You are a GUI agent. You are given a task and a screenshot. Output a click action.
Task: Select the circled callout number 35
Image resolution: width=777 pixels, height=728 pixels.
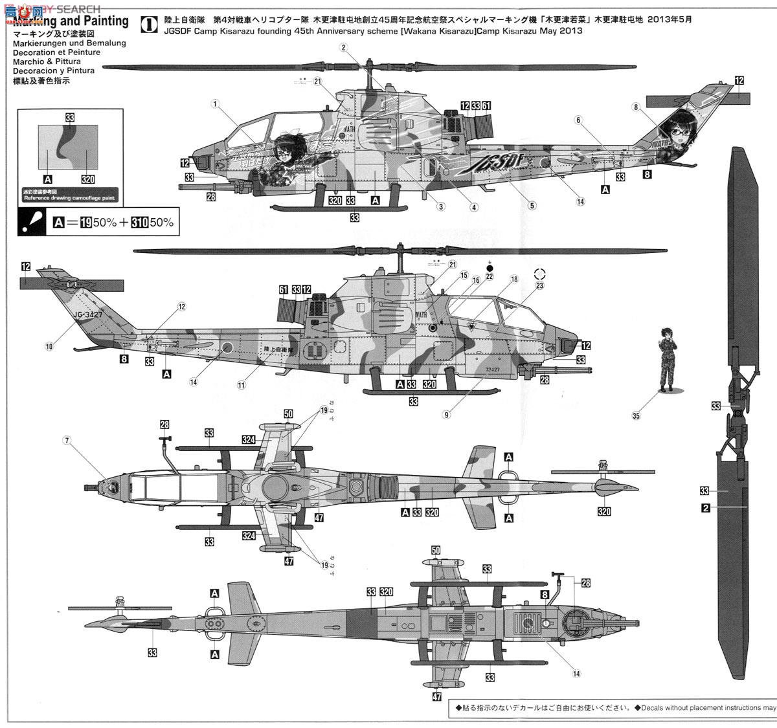tap(636, 415)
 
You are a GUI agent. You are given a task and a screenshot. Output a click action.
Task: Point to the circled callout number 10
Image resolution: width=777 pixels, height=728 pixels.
tap(49, 346)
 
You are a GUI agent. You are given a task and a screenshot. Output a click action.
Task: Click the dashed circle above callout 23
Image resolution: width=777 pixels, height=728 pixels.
tap(541, 274)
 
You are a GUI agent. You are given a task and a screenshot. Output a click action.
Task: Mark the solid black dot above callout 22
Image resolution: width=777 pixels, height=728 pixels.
tap(490, 267)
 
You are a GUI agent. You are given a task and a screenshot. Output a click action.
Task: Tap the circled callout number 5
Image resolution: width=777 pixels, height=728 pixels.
tap(532, 206)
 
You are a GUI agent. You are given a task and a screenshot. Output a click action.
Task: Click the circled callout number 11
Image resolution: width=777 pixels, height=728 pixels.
tap(241, 384)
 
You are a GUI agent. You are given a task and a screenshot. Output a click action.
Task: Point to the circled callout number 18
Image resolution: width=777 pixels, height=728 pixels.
tap(514, 280)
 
